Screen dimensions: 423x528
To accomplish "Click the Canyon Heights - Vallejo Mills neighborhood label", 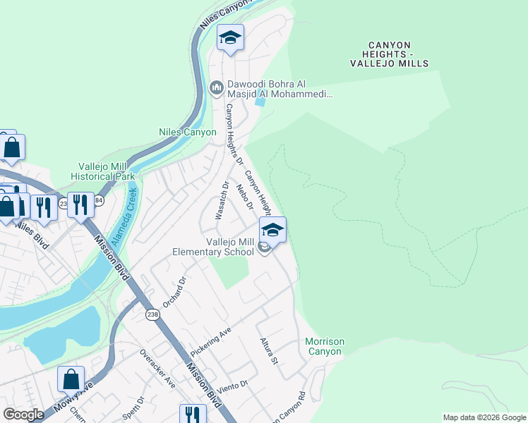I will point(389,54).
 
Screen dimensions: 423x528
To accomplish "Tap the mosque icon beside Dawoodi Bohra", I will point(217,88).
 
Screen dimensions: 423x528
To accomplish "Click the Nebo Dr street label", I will point(244,196).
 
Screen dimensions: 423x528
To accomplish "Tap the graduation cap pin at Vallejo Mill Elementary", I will point(272,229).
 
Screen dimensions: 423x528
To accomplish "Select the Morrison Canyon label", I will point(325,346).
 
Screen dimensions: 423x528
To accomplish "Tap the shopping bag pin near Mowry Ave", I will point(71,379).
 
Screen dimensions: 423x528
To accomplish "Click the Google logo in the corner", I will point(23,415).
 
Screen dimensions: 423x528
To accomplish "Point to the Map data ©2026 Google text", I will point(484,417).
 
